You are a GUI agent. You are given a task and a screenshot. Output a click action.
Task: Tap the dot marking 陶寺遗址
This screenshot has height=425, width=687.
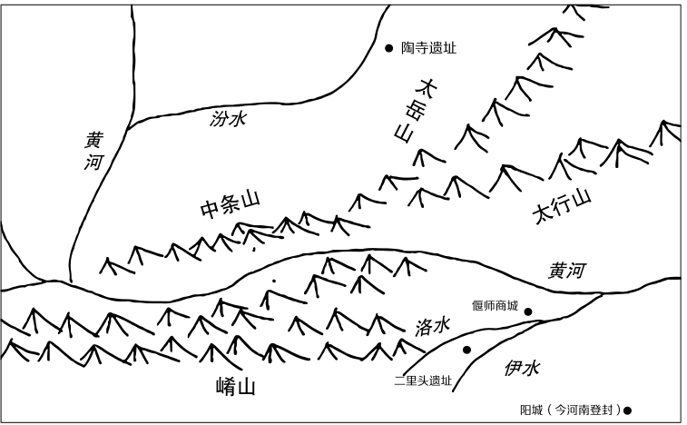[x=388, y=48]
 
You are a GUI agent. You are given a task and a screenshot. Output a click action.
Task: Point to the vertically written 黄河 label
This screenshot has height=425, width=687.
[x=94, y=152]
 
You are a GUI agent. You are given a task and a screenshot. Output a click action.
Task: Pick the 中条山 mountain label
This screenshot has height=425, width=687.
[x=229, y=206]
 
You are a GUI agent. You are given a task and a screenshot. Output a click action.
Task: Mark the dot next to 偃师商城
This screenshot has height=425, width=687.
[x=528, y=312]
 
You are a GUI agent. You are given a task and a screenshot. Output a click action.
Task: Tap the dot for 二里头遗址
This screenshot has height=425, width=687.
[x=466, y=350]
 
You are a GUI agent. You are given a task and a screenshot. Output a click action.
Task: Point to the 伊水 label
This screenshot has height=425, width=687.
[x=521, y=368]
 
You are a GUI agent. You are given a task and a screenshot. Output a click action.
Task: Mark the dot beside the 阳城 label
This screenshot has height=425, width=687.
[x=627, y=410]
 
